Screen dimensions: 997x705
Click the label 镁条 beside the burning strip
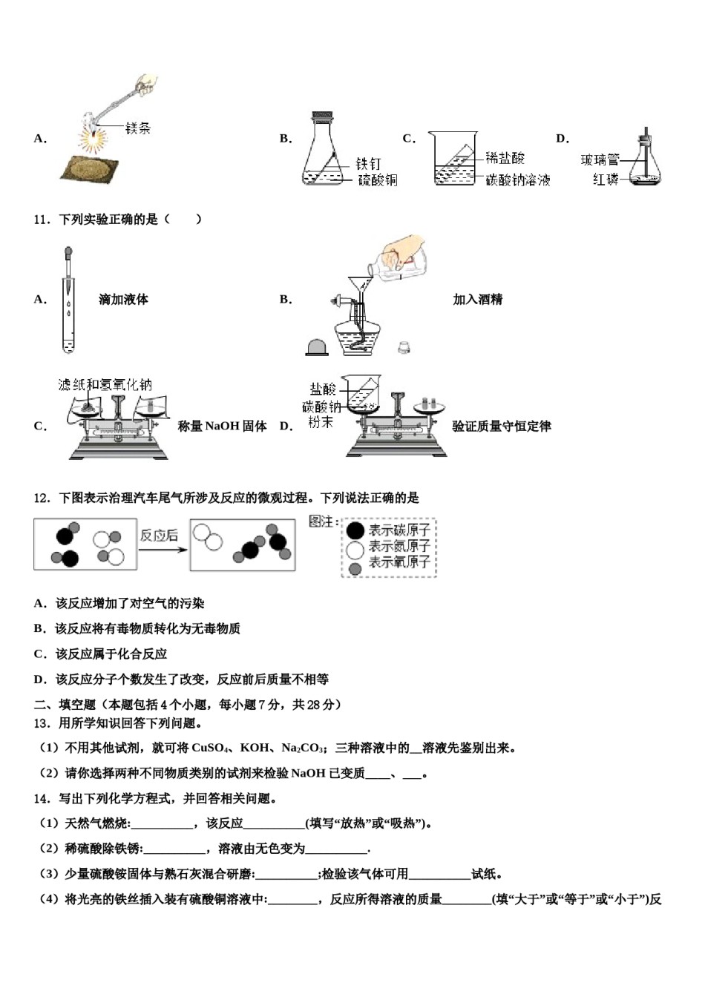[x=137, y=128]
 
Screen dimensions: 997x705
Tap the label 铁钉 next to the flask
[x=368, y=163]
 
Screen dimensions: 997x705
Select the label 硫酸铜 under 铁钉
[x=377, y=180]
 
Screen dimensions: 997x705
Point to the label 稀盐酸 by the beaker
[x=505, y=158]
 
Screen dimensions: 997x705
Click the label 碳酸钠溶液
[x=518, y=180]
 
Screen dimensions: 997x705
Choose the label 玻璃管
[x=600, y=160]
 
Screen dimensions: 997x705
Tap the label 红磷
[x=605, y=180]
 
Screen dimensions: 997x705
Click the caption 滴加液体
[x=123, y=300]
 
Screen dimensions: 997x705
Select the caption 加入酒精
[x=477, y=300]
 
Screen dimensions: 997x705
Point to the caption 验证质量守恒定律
[x=502, y=427]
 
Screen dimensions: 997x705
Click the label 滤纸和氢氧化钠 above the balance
[x=105, y=384]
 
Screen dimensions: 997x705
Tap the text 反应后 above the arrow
[x=159, y=536]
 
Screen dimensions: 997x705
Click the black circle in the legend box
[x=355, y=530]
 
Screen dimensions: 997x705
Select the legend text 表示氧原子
[x=399, y=563]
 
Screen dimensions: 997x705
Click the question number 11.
[x=42, y=220]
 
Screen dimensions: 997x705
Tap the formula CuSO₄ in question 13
[x=212, y=748]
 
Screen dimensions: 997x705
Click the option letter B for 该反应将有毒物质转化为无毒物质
[x=39, y=629]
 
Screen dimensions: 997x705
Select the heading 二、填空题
[x=65, y=705]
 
